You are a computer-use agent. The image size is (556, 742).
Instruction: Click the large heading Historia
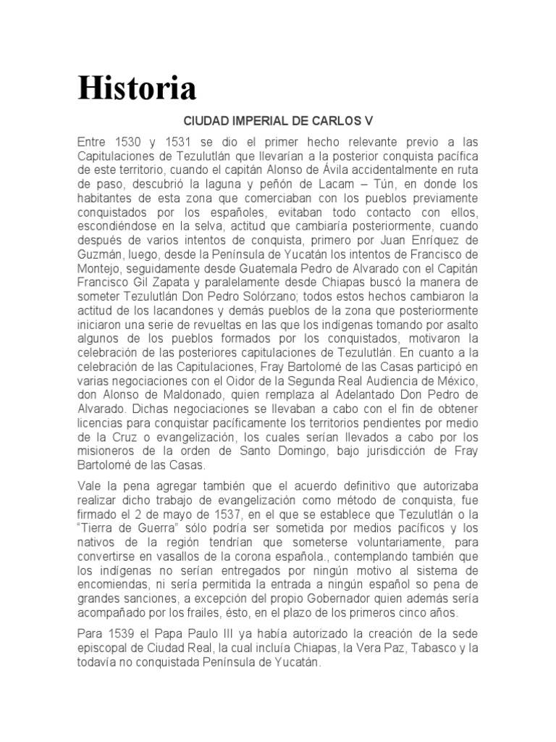tap(138, 89)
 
